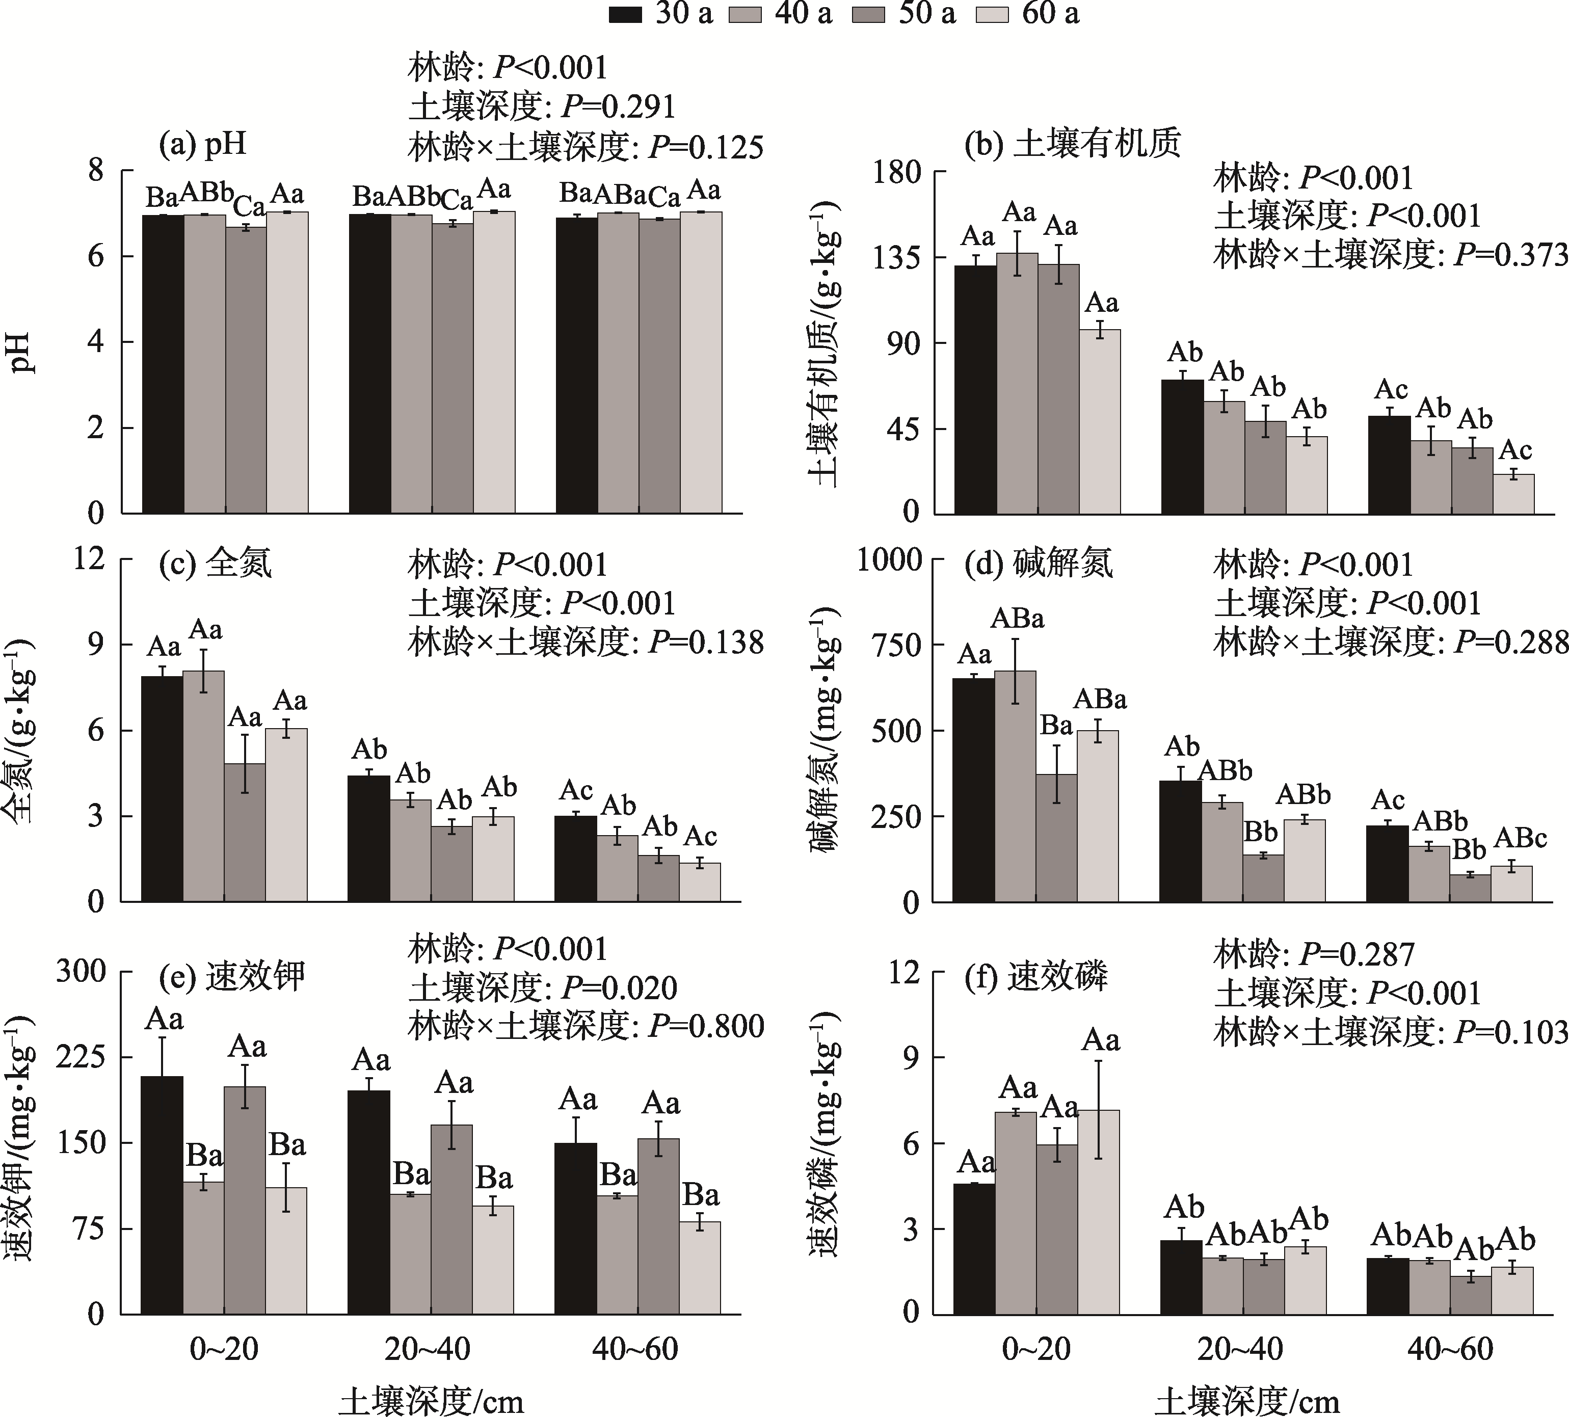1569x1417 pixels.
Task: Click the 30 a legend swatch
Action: [626, 14]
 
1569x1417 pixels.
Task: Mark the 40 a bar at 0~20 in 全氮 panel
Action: [203, 786]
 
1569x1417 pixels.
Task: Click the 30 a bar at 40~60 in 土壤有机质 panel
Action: [1389, 465]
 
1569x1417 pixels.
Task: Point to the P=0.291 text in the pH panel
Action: [619, 106]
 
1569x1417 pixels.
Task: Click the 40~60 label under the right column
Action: [1450, 1349]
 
